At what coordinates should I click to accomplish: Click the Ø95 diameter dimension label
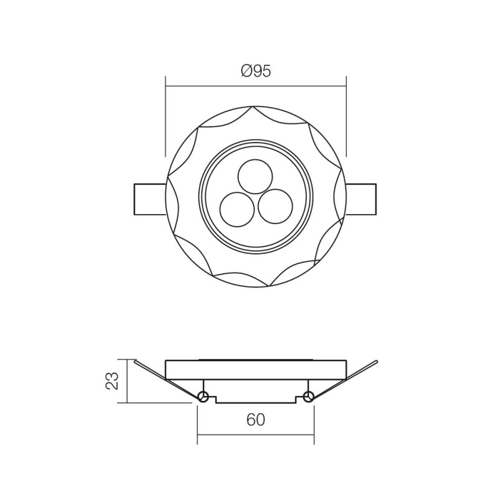point(255,71)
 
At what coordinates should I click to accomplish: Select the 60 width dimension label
point(255,420)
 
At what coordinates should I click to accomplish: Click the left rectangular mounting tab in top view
point(149,199)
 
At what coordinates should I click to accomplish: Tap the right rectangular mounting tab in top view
point(361,199)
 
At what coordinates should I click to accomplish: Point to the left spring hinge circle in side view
point(202,397)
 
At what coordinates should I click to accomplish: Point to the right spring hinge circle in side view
point(309,397)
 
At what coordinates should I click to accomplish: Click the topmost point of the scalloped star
point(255,106)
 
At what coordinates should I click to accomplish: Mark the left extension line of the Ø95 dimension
point(165,118)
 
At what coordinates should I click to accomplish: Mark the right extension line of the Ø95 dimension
point(346,118)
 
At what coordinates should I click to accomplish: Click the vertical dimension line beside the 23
point(127,381)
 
